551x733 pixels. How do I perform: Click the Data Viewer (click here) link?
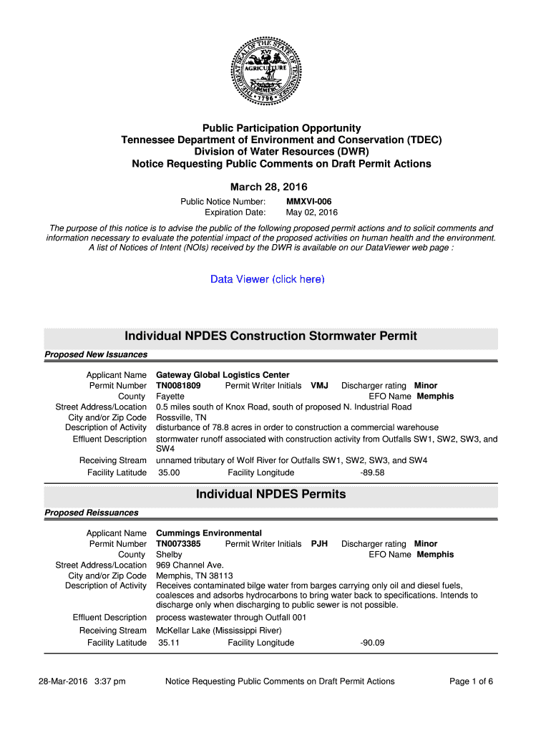[x=268, y=279]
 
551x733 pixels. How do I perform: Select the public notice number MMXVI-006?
[x=308, y=202]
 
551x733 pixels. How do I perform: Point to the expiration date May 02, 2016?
[x=312, y=213]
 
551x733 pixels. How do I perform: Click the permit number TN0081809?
[x=178, y=386]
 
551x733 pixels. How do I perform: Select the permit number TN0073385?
[x=178, y=544]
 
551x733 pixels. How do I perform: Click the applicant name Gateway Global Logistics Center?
[x=223, y=375]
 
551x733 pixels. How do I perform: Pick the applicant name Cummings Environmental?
[x=209, y=533]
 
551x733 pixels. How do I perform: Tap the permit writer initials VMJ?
[x=319, y=386]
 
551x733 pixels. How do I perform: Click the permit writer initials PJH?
[x=319, y=544]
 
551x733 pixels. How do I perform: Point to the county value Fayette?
[x=170, y=397]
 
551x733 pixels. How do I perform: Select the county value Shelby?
[x=169, y=555]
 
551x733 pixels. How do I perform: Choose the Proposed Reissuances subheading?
[x=92, y=513]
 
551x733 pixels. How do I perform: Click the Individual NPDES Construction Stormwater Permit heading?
[x=270, y=336]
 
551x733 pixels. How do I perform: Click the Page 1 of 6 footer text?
[x=471, y=681]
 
